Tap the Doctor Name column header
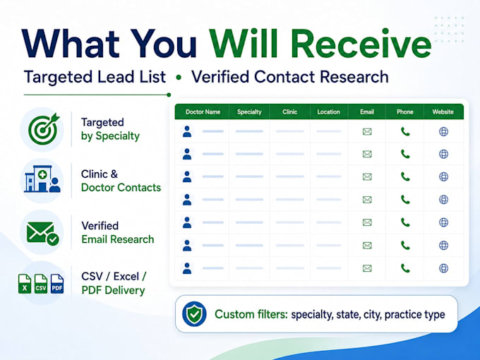click(203, 112)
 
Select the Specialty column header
click(249, 112)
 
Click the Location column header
click(328, 112)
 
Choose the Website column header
click(443, 112)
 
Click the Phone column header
click(405, 112)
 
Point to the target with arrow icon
click(44, 129)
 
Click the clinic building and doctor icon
click(42, 179)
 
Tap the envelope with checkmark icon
click(43, 233)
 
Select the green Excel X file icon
click(25, 284)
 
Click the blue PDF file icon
click(57, 284)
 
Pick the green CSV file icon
click(41, 284)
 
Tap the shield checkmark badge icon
click(194, 314)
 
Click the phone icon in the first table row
click(405, 131)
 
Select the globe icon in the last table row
click(443, 268)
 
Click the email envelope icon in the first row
click(367, 131)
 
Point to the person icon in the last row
click(187, 268)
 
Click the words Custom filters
click(251, 314)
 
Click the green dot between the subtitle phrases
click(179, 78)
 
